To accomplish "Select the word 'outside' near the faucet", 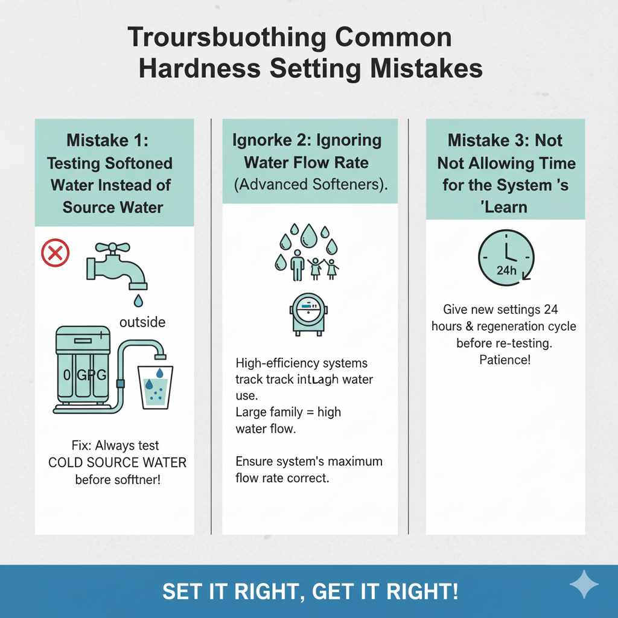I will click(x=142, y=322).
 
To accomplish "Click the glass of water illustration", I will click(x=155, y=386).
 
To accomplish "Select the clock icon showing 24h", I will click(x=506, y=256).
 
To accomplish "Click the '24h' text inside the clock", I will click(x=505, y=270).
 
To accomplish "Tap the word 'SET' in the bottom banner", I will click(x=181, y=591).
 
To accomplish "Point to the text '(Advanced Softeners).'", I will click(x=311, y=185).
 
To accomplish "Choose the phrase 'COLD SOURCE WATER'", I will click(x=117, y=463).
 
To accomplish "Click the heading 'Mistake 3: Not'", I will click(x=505, y=141).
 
